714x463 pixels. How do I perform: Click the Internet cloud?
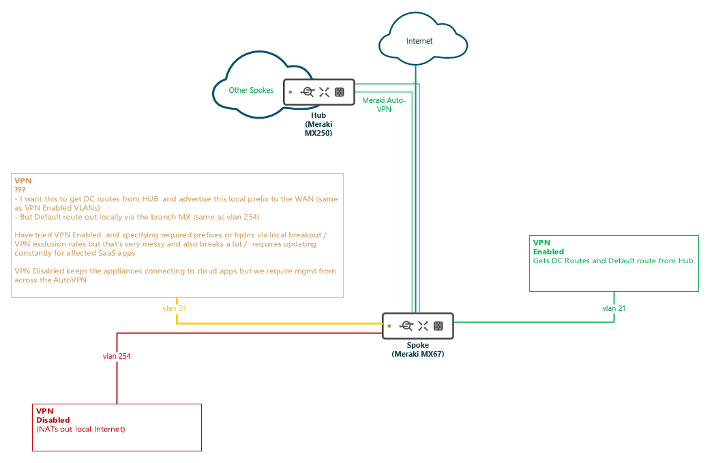tap(419, 41)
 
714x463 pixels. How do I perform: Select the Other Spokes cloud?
tap(251, 90)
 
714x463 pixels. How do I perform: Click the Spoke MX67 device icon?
tap(417, 326)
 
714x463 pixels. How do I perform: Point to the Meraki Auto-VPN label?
tap(383, 104)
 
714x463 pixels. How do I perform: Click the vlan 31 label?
tap(175, 308)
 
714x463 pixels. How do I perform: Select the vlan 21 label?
tap(614, 308)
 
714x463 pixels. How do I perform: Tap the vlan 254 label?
tap(117, 356)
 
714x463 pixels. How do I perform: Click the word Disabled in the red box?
tap(53, 420)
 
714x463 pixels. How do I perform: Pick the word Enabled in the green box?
tap(548, 252)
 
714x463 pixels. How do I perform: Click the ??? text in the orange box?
tap(20, 190)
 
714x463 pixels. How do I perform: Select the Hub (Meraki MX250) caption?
tap(318, 124)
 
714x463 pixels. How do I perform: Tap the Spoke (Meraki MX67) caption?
tap(417, 350)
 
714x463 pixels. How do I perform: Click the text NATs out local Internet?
tap(80, 429)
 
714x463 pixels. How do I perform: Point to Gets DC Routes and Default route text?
tap(612, 260)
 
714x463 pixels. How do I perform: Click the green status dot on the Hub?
tap(290, 91)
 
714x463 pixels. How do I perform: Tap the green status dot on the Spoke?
tap(389, 326)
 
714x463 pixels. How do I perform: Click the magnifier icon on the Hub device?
tap(308, 92)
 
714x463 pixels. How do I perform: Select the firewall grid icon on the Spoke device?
tap(438, 326)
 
